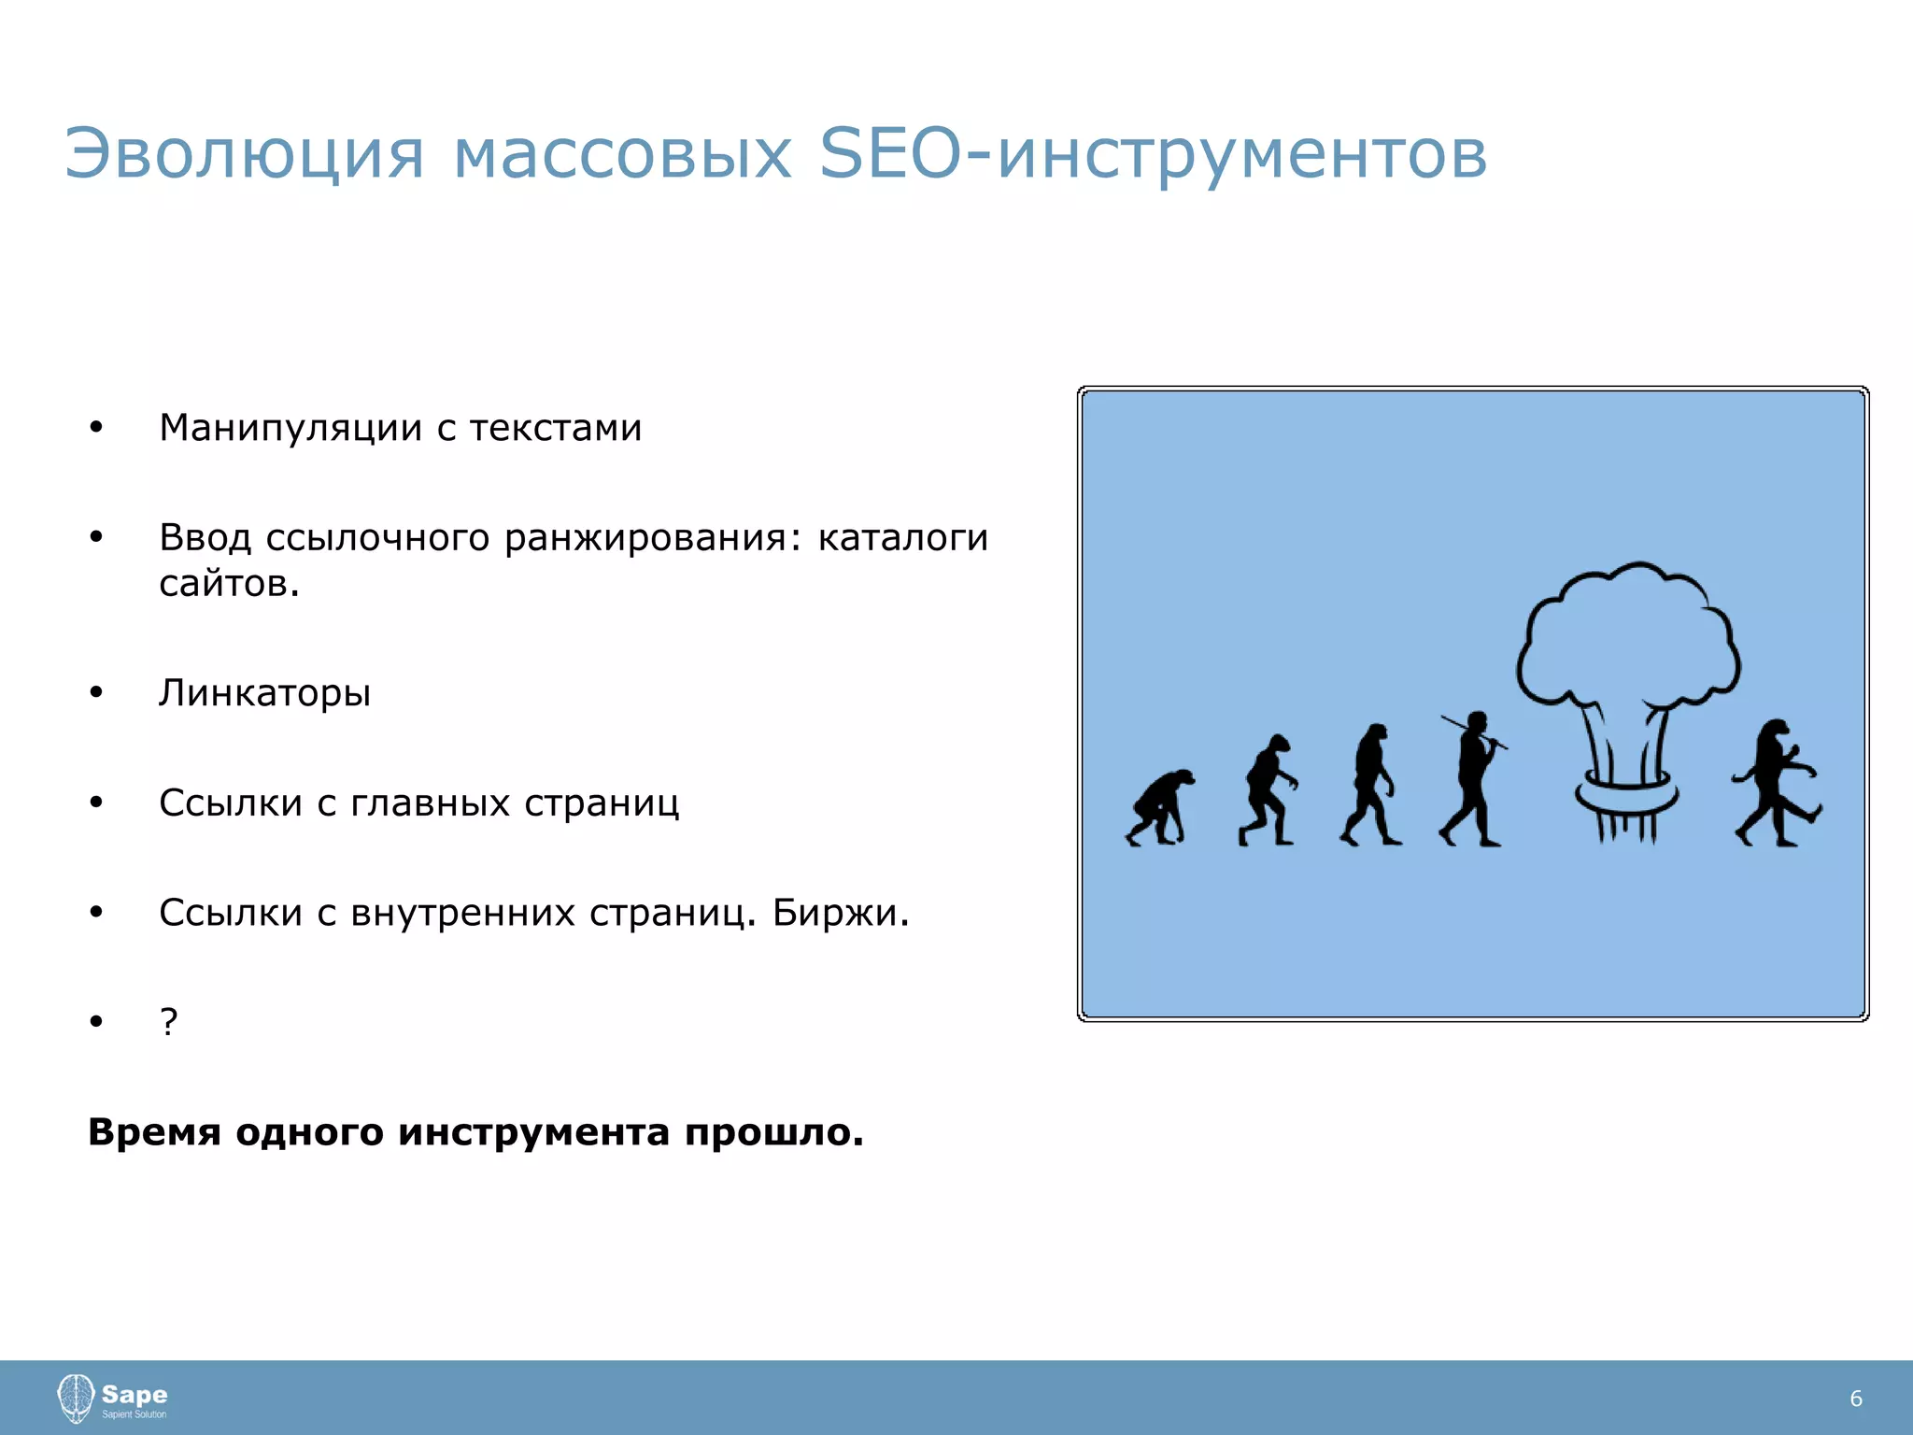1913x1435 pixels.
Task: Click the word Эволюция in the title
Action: [244, 154]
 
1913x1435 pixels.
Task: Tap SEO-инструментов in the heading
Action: [1153, 154]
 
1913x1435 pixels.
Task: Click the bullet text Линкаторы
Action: [264, 693]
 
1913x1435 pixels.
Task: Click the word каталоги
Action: [902, 538]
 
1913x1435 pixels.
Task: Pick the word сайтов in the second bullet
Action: [229, 584]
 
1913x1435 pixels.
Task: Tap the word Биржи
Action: [840, 913]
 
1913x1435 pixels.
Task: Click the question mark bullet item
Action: [168, 1022]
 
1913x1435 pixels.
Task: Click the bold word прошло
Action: [773, 1132]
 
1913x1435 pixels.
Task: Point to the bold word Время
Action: [154, 1132]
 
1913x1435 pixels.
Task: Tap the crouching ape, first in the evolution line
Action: [1159, 808]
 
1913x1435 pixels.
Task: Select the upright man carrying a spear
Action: [1473, 780]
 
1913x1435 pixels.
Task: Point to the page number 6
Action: [1855, 1399]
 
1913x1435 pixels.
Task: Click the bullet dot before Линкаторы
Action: [96, 693]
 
